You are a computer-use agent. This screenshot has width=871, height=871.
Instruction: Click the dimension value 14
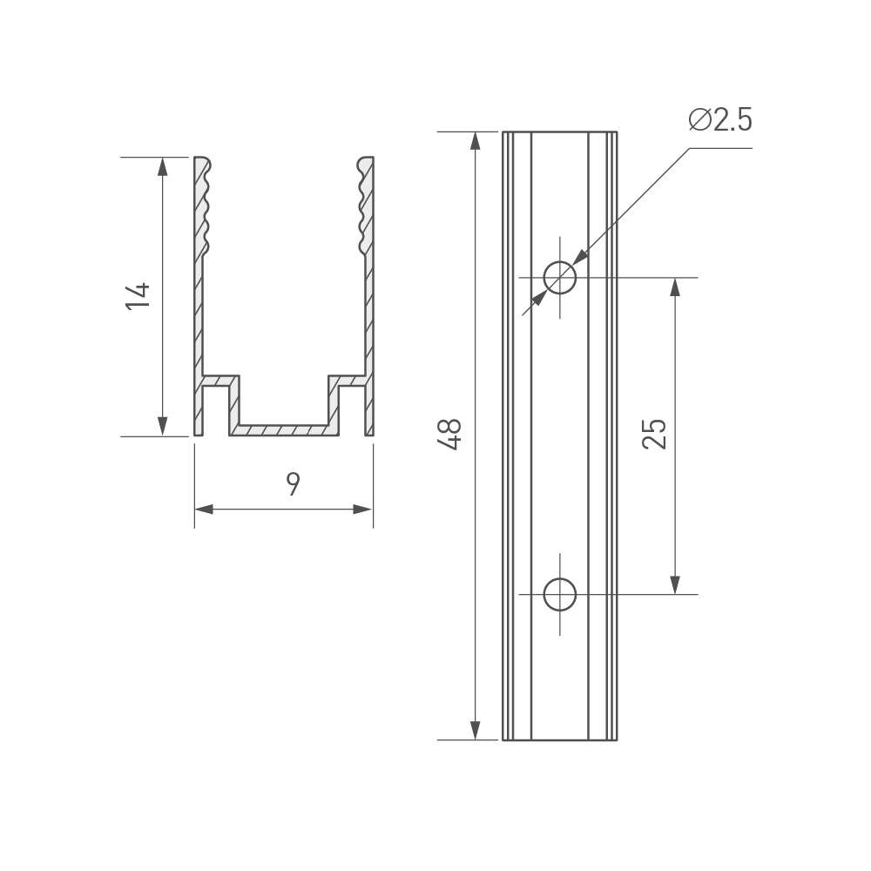[138, 296]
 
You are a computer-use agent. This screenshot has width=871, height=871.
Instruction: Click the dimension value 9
[293, 483]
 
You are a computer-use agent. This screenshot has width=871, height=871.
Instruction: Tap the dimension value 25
[654, 433]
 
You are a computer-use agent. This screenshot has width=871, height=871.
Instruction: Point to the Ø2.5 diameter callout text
[720, 119]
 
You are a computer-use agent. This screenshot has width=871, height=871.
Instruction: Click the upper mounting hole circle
[560, 277]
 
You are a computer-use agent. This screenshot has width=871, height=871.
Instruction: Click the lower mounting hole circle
[560, 594]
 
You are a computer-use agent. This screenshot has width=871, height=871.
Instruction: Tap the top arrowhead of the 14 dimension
[162, 166]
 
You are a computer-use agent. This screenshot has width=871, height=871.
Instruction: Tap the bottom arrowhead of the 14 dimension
[162, 427]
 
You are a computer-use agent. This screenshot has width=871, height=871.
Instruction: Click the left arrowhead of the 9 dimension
[204, 509]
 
